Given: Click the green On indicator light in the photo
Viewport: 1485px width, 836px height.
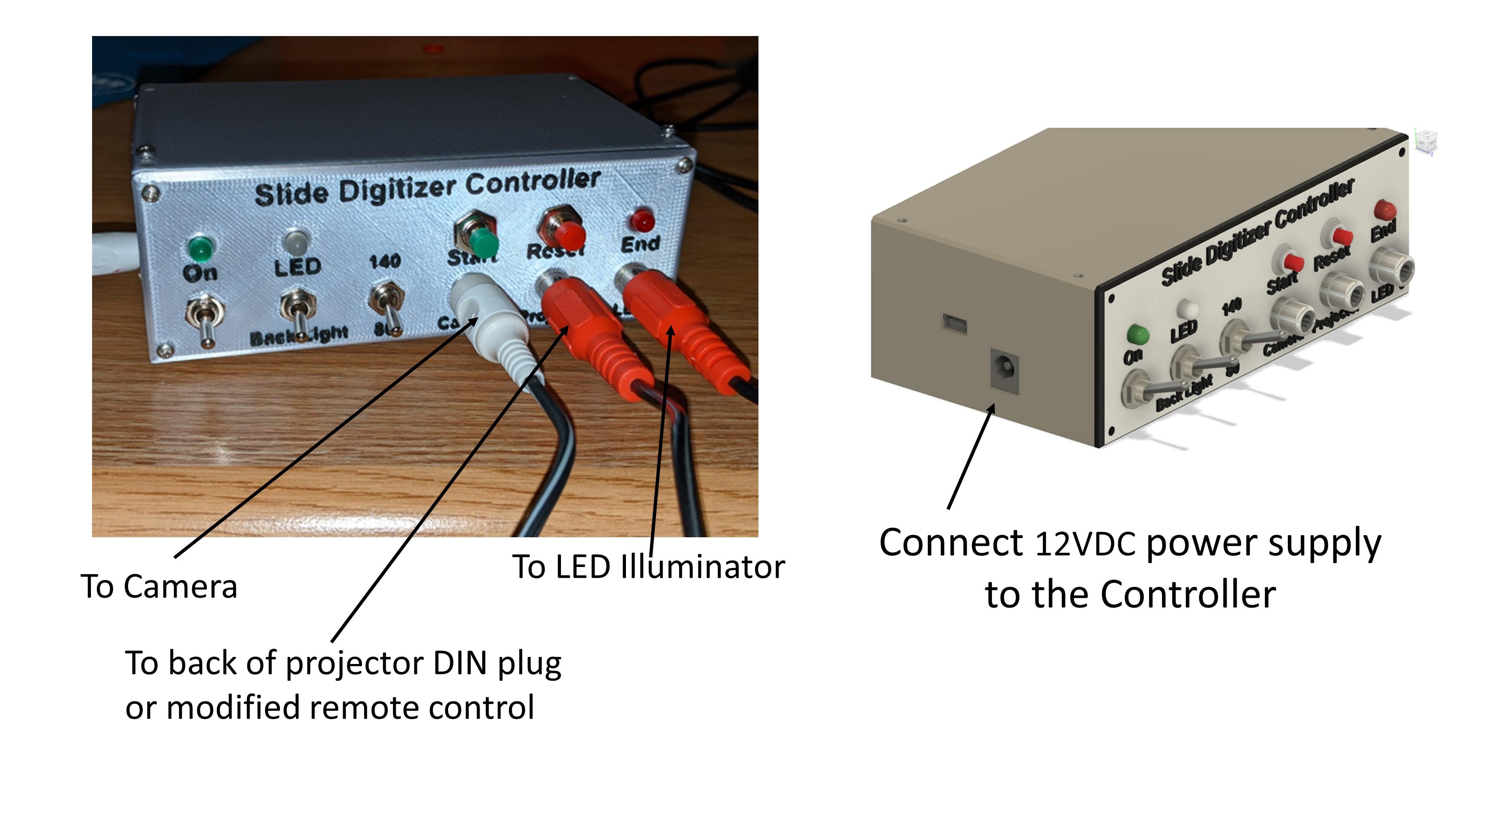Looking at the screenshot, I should pyautogui.click(x=199, y=248).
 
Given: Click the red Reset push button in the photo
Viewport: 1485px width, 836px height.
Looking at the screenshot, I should pyautogui.click(x=570, y=234).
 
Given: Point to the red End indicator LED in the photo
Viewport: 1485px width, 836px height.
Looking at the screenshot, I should pyautogui.click(x=642, y=220).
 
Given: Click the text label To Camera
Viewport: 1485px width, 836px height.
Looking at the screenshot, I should pyautogui.click(x=159, y=587).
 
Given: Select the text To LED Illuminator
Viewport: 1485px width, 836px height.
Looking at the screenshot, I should pyautogui.click(x=649, y=567).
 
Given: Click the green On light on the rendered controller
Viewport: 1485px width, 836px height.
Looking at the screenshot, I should pyautogui.click(x=1136, y=334).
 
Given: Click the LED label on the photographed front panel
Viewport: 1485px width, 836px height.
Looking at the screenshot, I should pyautogui.click(x=297, y=267).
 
